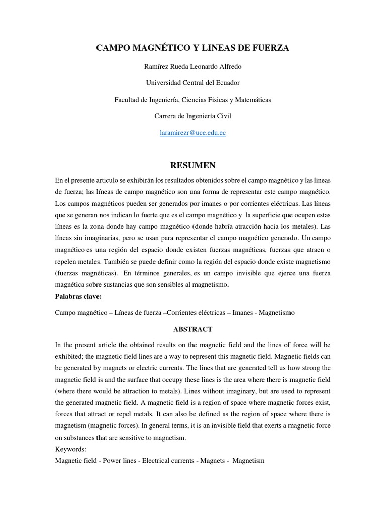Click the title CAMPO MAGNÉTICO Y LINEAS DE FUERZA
click(x=192, y=48)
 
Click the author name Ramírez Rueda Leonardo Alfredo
click(x=192, y=66)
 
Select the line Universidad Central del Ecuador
click(x=192, y=83)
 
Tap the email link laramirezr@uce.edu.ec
click(x=192, y=133)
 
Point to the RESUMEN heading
click(x=192, y=165)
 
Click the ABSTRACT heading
click(x=192, y=329)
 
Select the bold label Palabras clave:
click(x=78, y=296)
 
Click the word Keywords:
click(x=71, y=449)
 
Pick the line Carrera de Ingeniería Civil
click(x=192, y=116)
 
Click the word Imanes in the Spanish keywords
click(x=243, y=313)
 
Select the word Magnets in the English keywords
click(x=212, y=461)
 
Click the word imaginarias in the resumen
click(x=106, y=237)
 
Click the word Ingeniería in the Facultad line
click(x=162, y=100)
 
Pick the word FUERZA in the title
click(x=272, y=48)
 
